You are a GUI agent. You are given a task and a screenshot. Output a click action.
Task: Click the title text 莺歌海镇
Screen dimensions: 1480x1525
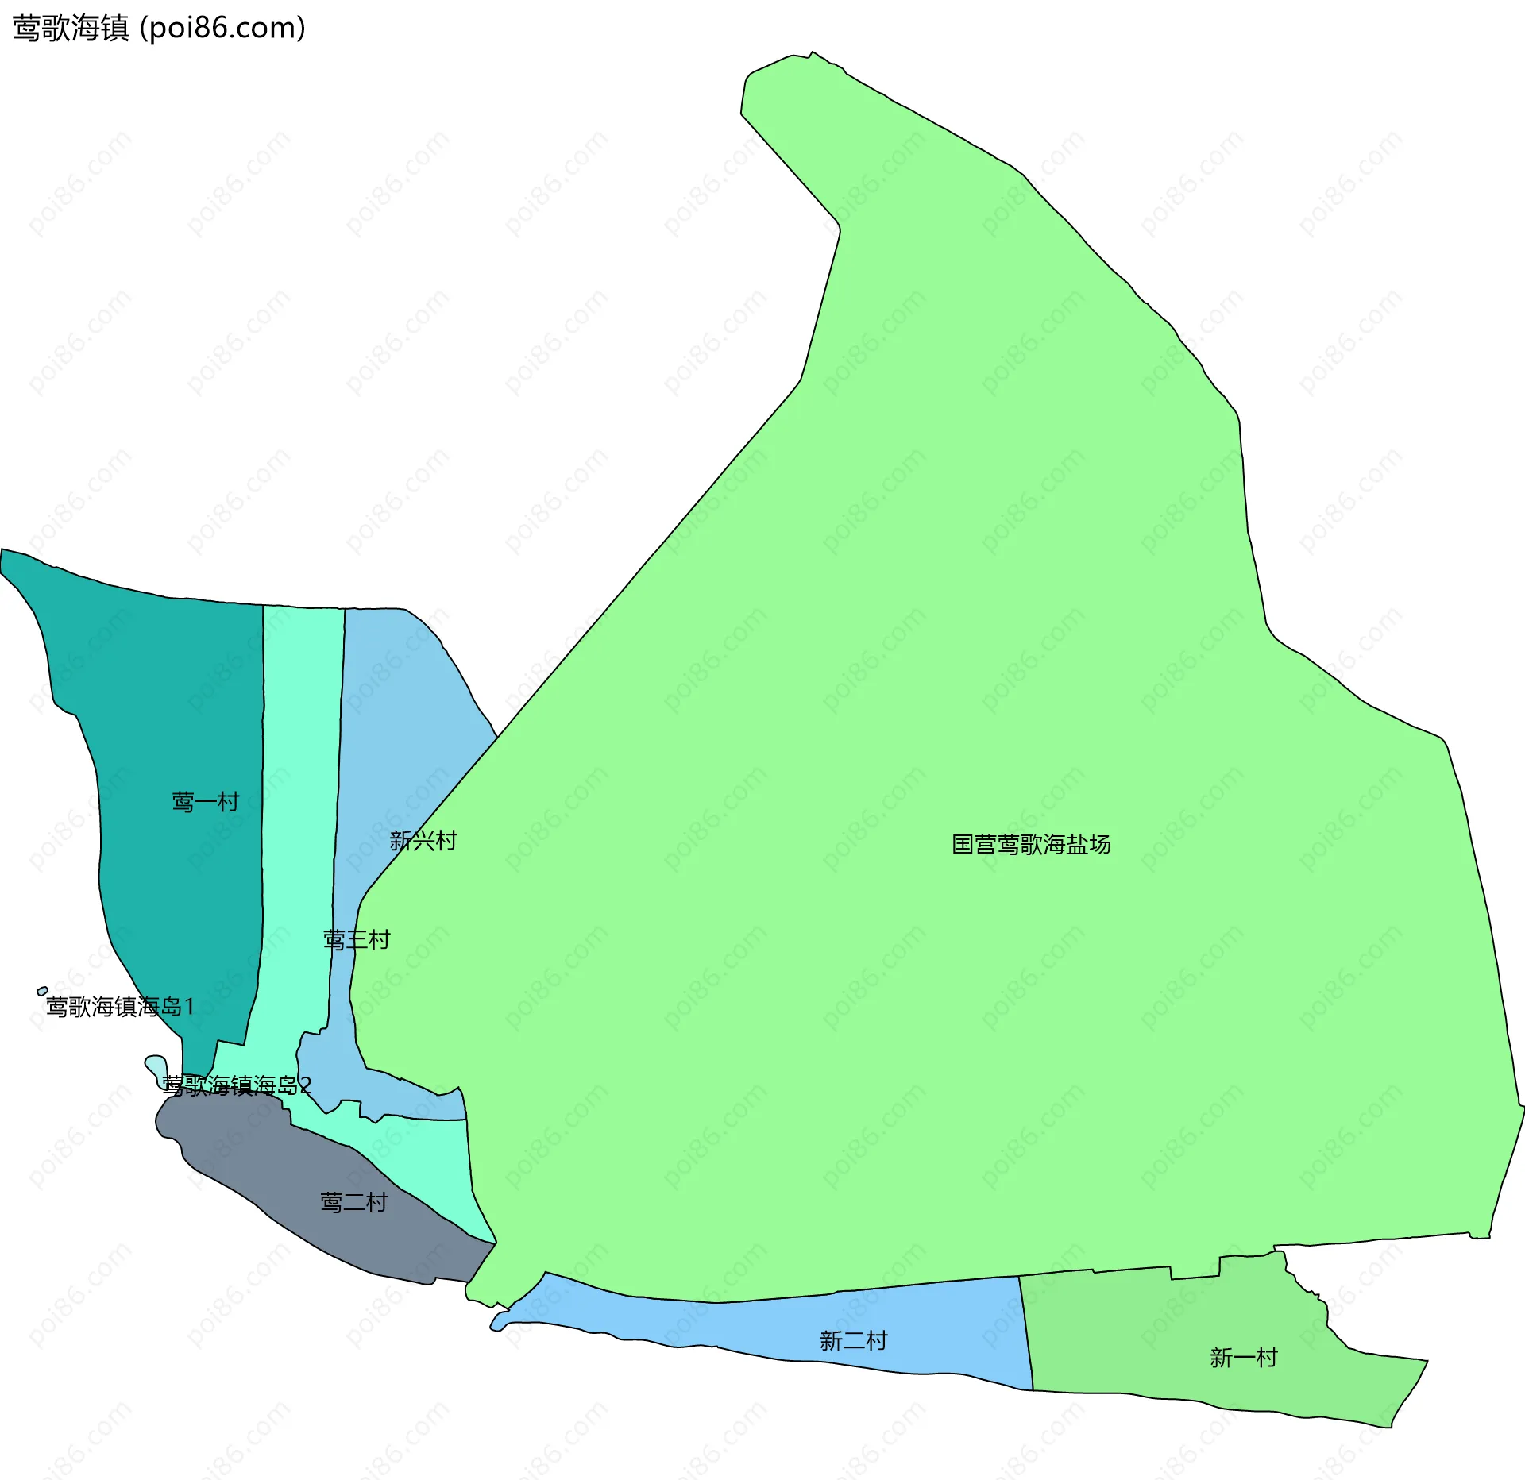pos(70,29)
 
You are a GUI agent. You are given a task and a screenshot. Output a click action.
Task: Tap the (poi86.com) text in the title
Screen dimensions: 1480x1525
pos(223,29)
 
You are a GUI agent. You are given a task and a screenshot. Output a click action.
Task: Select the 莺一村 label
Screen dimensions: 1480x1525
pos(206,802)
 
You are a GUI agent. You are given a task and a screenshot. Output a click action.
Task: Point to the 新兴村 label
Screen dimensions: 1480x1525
pos(423,841)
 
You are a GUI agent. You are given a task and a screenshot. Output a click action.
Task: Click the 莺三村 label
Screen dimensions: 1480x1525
pos(357,940)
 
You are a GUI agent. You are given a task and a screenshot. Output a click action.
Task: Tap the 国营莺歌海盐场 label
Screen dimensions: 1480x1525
pos(1031,844)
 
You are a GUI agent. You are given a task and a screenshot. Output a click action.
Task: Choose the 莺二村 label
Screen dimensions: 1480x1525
pos(353,1202)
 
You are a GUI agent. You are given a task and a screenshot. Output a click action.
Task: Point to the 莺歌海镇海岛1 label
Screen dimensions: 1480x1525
pos(120,1007)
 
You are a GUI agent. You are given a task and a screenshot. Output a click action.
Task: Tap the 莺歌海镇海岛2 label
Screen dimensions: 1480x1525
pos(237,1085)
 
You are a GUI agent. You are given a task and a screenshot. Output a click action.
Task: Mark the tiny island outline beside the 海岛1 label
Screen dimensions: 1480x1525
pos(42,991)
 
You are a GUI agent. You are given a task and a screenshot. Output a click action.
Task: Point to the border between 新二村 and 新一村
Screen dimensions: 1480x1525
pos(1026,1334)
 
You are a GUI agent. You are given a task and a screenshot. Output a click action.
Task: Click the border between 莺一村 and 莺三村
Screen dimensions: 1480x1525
pos(263,794)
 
